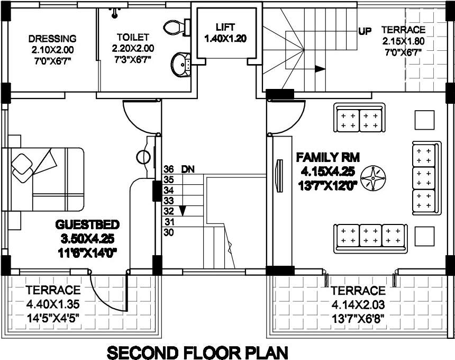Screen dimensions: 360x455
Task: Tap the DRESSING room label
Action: pyautogui.click(x=52, y=39)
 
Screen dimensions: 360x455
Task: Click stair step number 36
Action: pyautogui.click(x=169, y=169)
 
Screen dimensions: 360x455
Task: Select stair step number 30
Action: pyautogui.click(x=169, y=232)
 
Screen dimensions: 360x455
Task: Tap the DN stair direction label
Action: pyautogui.click(x=188, y=169)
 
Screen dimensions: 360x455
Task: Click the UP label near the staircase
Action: pyautogui.click(x=365, y=31)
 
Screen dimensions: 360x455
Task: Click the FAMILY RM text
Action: pyautogui.click(x=328, y=157)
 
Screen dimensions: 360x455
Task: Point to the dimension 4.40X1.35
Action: pyautogui.click(x=53, y=305)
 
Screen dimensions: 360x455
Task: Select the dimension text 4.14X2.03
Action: pyautogui.click(x=358, y=305)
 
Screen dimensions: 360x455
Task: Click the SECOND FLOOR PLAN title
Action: pyautogui.click(x=198, y=351)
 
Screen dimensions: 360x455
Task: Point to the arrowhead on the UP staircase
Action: pyautogui.click(x=319, y=68)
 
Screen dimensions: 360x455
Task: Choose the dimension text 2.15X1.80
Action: pyautogui.click(x=404, y=41)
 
